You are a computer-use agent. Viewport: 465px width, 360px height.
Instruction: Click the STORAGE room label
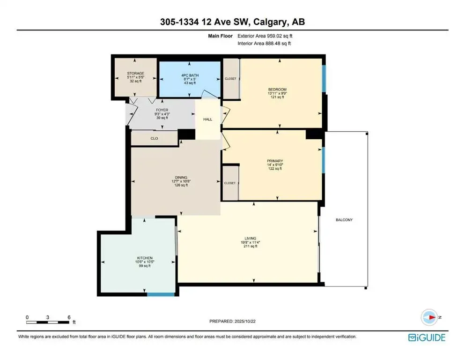[x=135, y=73]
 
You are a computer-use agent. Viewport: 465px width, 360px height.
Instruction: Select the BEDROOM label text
[x=277, y=90]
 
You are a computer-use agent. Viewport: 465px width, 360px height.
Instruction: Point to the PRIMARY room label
[x=275, y=160]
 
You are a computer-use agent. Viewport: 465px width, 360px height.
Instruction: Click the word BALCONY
[x=344, y=220]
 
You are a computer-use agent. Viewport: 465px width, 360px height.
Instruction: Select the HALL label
[x=207, y=119]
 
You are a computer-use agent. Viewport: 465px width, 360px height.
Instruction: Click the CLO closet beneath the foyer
[x=154, y=138]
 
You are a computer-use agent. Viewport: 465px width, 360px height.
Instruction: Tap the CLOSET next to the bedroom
[x=230, y=79]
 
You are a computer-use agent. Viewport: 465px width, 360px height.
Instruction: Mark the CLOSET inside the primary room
[x=230, y=183]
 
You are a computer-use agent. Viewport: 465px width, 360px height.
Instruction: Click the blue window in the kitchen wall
[x=161, y=294]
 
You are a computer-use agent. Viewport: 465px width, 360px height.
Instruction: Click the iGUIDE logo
[x=426, y=337]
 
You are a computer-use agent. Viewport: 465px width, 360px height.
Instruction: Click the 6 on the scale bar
[x=69, y=317]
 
